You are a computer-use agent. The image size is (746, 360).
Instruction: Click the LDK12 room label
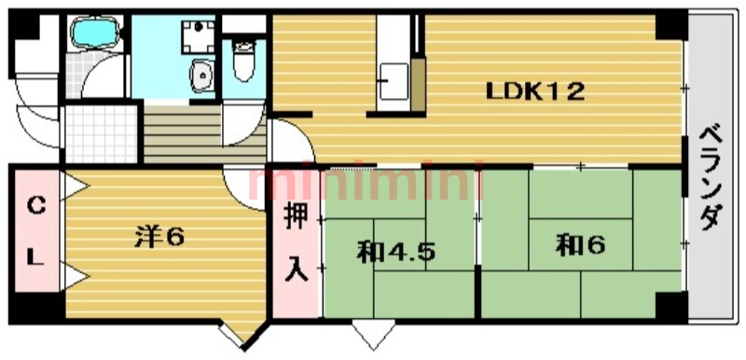point(535,91)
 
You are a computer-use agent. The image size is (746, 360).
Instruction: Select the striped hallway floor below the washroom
point(181,125)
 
